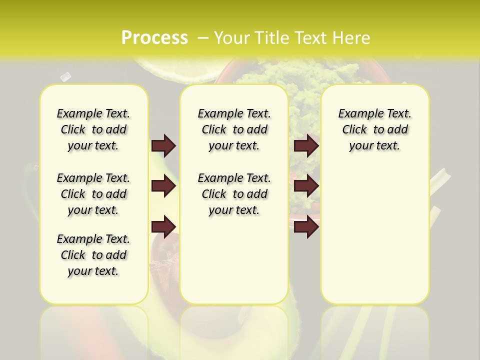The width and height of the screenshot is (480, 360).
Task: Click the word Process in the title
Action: (154, 38)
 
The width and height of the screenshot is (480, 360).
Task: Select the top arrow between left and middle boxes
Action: (163, 145)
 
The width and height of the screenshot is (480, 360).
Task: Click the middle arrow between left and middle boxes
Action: (163, 186)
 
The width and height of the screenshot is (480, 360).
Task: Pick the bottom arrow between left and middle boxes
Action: (163, 226)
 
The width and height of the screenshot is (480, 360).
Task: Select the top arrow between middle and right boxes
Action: (306, 145)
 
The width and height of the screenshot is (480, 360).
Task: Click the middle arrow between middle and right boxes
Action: (306, 186)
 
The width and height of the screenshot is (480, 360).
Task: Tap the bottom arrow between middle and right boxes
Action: (306, 226)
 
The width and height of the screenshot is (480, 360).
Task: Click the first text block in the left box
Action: (93, 129)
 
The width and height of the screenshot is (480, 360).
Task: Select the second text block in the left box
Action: (93, 194)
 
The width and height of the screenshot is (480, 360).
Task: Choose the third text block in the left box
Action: (93, 255)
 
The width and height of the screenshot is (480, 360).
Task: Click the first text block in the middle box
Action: (234, 129)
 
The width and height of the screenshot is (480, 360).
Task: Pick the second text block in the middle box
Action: (234, 194)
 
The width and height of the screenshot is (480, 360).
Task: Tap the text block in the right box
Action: (374, 129)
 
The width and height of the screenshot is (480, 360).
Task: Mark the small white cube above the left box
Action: (65, 76)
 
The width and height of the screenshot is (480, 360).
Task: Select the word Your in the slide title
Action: (231, 38)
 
